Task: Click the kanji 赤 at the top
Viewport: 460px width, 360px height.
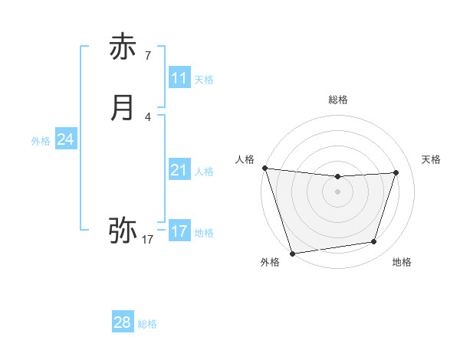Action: [x=123, y=47]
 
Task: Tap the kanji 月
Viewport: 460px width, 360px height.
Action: [x=123, y=108]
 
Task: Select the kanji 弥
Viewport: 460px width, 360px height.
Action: [x=123, y=229]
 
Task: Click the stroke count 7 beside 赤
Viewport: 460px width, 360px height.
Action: [x=148, y=55]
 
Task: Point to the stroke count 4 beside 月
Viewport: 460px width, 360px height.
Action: [x=148, y=116]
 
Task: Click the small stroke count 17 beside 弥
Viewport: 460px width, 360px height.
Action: [x=148, y=240]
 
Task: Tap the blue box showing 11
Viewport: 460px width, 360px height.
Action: [x=179, y=78]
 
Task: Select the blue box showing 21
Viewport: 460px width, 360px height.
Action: [x=179, y=170]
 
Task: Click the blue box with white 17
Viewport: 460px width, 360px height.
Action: [x=179, y=231]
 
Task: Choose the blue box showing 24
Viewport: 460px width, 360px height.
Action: [x=66, y=139]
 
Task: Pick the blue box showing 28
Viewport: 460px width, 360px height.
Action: [x=123, y=322]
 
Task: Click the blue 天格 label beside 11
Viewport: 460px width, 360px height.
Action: [x=204, y=80]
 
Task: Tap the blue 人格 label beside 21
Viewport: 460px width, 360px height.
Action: [x=204, y=172]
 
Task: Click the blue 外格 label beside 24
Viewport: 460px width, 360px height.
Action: [x=41, y=141]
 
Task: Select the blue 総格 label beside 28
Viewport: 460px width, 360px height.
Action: [x=147, y=324]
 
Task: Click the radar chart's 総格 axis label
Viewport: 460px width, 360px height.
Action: [x=337, y=100]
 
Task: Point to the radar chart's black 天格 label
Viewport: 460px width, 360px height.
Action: [x=432, y=159]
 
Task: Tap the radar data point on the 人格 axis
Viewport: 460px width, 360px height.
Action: [x=264, y=168]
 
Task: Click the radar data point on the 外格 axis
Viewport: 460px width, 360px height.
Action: [x=292, y=253]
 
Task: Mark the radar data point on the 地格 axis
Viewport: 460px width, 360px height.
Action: [x=374, y=242]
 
